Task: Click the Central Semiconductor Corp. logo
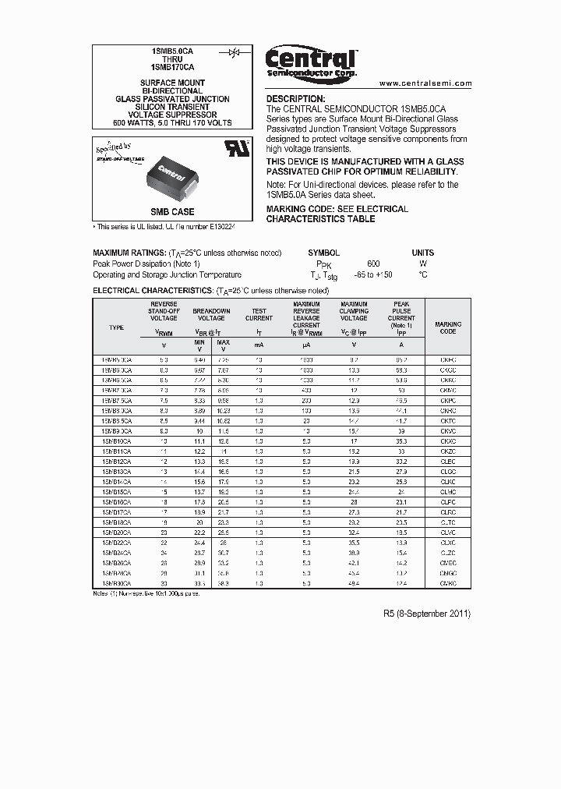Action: click(x=311, y=62)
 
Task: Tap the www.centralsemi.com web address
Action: click(x=425, y=83)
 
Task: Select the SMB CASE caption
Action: click(x=172, y=212)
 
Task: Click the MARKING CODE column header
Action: click(x=447, y=327)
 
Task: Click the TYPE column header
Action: click(x=116, y=327)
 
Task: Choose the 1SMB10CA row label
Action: click(x=116, y=440)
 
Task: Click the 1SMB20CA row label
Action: click(x=116, y=532)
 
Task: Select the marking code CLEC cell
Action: click(x=447, y=461)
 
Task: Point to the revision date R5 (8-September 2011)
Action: click(x=427, y=614)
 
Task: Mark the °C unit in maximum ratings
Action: click(x=422, y=274)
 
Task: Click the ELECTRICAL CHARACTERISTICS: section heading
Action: click(x=153, y=290)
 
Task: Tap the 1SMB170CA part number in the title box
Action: click(x=172, y=68)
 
